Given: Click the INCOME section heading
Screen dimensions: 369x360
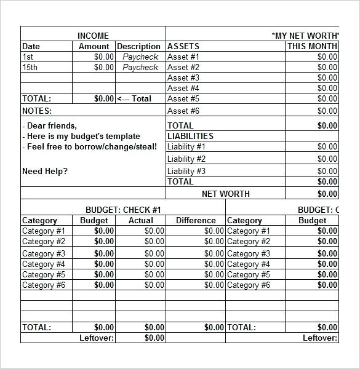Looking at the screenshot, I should [x=93, y=36].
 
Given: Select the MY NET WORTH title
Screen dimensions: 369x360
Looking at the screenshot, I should [x=305, y=36].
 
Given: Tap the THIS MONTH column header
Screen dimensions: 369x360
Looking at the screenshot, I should [x=312, y=46].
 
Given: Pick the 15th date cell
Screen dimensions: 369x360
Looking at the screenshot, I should [x=30, y=67].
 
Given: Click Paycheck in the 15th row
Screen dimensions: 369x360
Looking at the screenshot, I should [x=140, y=67].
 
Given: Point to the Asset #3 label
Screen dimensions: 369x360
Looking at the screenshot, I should [x=183, y=77].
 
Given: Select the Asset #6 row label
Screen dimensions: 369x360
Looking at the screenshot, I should [x=183, y=111].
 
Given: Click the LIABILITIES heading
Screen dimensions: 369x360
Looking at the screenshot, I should [x=190, y=136].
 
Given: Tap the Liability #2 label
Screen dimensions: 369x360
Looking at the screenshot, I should [x=186, y=159].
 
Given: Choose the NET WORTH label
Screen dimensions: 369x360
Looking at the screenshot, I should [x=226, y=194].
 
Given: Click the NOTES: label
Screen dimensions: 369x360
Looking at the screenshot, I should [x=37, y=111].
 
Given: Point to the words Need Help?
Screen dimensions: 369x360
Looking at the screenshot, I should [x=45, y=171].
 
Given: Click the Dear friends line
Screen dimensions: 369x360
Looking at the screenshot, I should [x=50, y=126].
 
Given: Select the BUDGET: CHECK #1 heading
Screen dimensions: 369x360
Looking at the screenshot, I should [x=123, y=210].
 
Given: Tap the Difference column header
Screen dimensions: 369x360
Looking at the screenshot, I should [x=196, y=220].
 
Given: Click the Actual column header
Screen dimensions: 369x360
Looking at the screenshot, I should [x=141, y=220].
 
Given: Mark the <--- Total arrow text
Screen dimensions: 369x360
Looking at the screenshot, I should [x=134, y=98].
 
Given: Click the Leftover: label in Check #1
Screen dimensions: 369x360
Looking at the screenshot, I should [x=97, y=338].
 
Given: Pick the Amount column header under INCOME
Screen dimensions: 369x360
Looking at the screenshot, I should [x=94, y=46].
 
